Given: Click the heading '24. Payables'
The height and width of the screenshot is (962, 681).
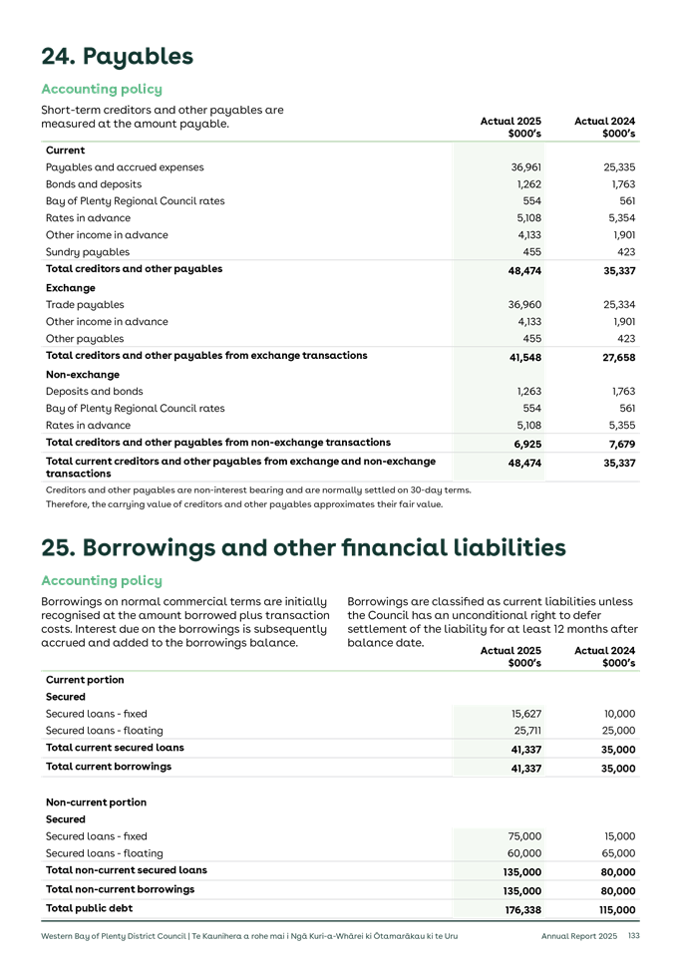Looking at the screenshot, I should pos(117,56).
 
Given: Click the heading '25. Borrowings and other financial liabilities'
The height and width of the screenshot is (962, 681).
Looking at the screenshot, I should pos(303,547).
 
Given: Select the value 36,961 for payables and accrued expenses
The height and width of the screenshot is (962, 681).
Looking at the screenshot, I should pos(524,167).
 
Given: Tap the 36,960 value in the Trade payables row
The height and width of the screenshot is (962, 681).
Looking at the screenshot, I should pos(524,305).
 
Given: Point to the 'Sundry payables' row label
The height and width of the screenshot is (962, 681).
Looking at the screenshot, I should pos(87,252).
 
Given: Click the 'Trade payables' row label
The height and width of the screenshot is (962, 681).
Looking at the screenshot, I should pos(85,305).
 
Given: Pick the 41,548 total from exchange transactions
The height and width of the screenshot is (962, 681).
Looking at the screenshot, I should pos(524,357).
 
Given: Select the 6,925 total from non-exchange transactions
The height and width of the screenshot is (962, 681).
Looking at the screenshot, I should pos(527,443).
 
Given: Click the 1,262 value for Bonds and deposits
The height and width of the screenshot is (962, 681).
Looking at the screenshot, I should pos(528,184).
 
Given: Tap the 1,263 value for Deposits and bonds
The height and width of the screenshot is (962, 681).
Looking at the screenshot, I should pos(528,392).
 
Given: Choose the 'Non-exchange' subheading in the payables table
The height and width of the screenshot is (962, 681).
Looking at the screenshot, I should pos(81,375).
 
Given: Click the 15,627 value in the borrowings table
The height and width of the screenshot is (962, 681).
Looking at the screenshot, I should pos(525,714).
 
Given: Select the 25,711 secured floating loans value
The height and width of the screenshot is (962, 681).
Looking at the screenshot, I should pos(525,731).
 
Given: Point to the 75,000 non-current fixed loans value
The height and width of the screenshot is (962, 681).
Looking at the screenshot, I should pos(524,836).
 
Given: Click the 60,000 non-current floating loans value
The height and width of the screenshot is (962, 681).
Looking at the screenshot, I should pos(524,853).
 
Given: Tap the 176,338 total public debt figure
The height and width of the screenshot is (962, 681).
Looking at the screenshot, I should pos(522,910).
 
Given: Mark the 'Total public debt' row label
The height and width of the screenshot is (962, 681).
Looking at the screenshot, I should pos(89,908).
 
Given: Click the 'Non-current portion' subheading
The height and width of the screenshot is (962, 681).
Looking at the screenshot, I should pos(96,802).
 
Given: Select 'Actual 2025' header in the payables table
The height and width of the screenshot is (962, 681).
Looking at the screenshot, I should pos(511,122).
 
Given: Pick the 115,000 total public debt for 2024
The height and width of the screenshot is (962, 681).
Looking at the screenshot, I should pos(617,910).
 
